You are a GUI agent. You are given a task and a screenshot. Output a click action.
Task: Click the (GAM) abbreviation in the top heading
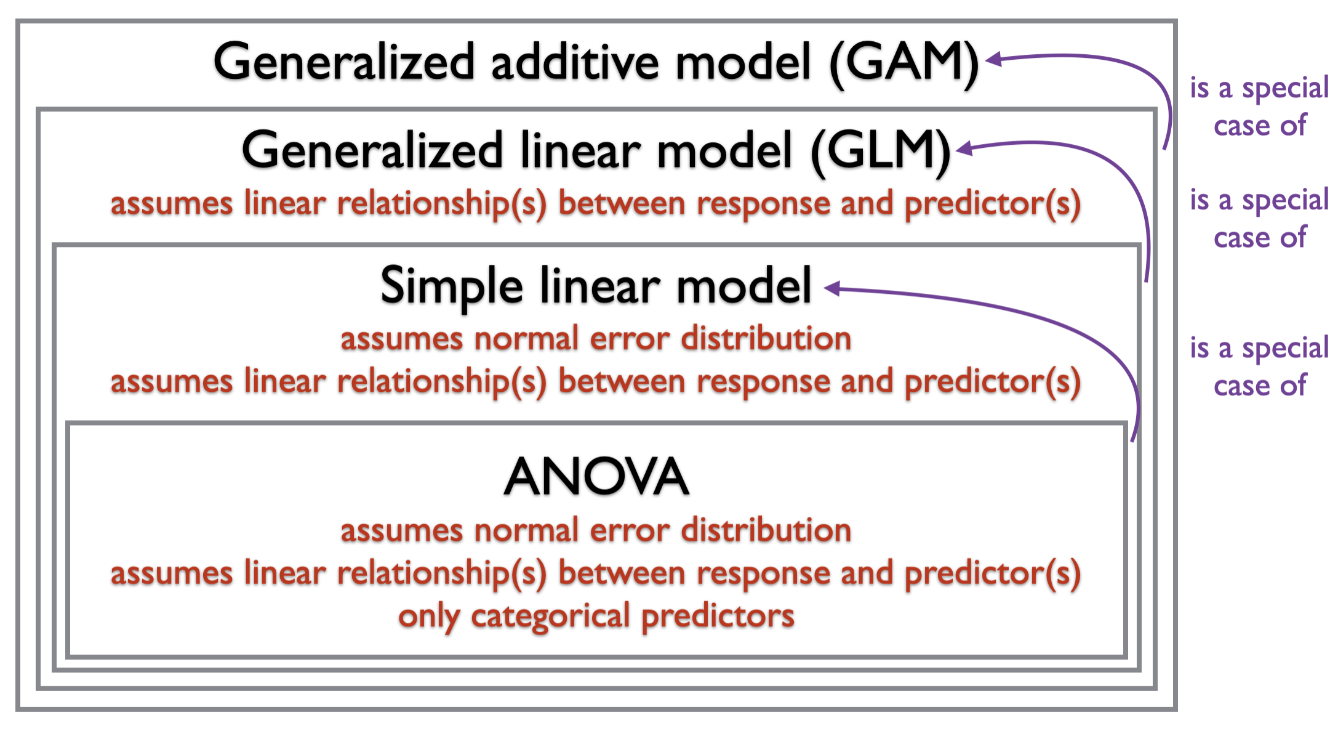point(903,63)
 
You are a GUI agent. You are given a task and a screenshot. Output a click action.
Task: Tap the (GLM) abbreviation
point(881,152)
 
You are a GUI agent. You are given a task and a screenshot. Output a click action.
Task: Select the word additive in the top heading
point(575,63)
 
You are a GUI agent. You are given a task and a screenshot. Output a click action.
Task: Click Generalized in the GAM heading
point(344,63)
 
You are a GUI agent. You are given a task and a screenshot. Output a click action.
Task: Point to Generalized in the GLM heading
point(373,152)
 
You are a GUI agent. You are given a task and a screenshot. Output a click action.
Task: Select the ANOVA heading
point(596,477)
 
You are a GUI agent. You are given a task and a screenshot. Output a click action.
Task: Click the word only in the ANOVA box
point(428,616)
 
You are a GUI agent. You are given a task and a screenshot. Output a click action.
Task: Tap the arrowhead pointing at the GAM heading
point(993,59)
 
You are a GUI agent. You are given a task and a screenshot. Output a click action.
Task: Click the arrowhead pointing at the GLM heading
point(964,148)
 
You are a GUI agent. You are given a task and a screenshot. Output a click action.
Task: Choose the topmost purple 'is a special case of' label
point(1259,107)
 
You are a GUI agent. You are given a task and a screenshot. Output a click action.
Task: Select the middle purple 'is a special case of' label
point(1259,219)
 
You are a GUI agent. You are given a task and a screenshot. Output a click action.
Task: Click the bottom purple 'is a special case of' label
point(1259,367)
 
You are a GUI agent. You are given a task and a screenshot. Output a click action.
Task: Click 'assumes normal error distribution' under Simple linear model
point(596,339)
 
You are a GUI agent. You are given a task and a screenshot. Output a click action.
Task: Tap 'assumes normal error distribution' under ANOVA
point(596,530)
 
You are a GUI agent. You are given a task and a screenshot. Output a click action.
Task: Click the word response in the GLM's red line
point(763,204)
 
